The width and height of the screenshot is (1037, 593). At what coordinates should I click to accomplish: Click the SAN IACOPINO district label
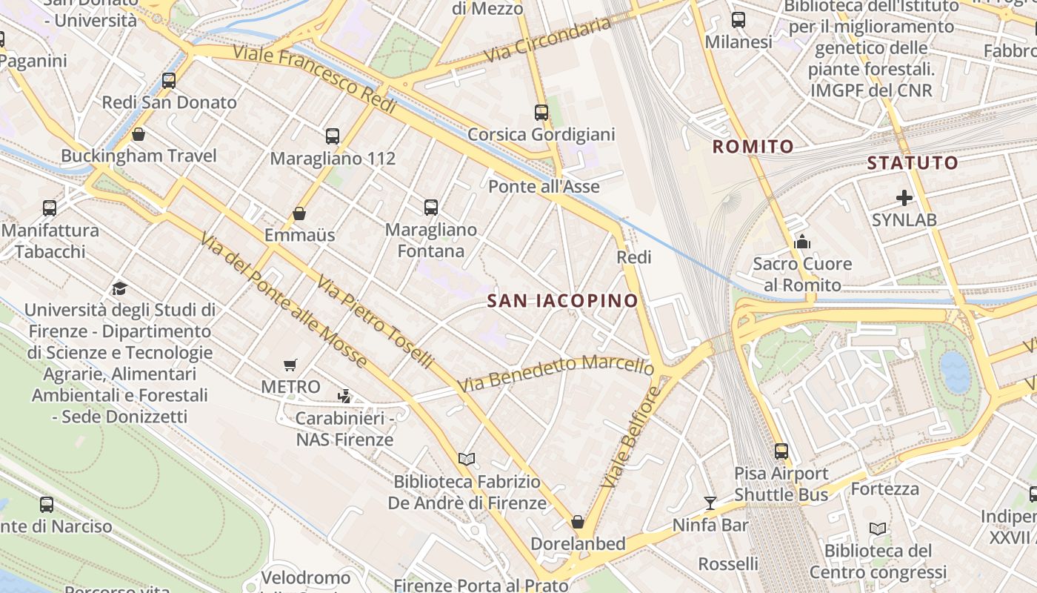click(563, 300)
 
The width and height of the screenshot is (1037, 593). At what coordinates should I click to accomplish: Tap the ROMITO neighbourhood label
click(753, 147)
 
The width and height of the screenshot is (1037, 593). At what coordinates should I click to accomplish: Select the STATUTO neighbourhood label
click(912, 162)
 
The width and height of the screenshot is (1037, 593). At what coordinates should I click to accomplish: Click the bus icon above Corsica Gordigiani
click(541, 113)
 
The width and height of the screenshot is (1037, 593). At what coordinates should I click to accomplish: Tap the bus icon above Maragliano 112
click(333, 136)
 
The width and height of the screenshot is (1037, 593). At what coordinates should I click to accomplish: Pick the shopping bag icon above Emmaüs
click(299, 213)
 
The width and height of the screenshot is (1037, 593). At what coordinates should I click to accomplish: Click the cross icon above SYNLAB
click(904, 198)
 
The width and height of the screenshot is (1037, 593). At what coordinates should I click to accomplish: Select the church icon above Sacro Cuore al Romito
click(802, 242)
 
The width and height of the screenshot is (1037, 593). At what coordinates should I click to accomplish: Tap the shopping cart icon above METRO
click(290, 365)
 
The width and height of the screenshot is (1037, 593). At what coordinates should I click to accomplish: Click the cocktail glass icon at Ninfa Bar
click(710, 503)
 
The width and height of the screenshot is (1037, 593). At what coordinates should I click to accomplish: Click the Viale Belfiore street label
click(630, 437)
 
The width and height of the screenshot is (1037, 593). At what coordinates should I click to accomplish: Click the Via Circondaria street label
click(547, 41)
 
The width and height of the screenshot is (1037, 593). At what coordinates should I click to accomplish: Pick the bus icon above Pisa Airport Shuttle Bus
click(781, 451)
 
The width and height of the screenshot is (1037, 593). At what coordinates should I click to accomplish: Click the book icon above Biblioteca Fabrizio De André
click(466, 460)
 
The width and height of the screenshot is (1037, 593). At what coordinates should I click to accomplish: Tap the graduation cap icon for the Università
click(119, 288)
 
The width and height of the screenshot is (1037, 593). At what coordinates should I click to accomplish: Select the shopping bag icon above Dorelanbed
click(578, 522)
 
